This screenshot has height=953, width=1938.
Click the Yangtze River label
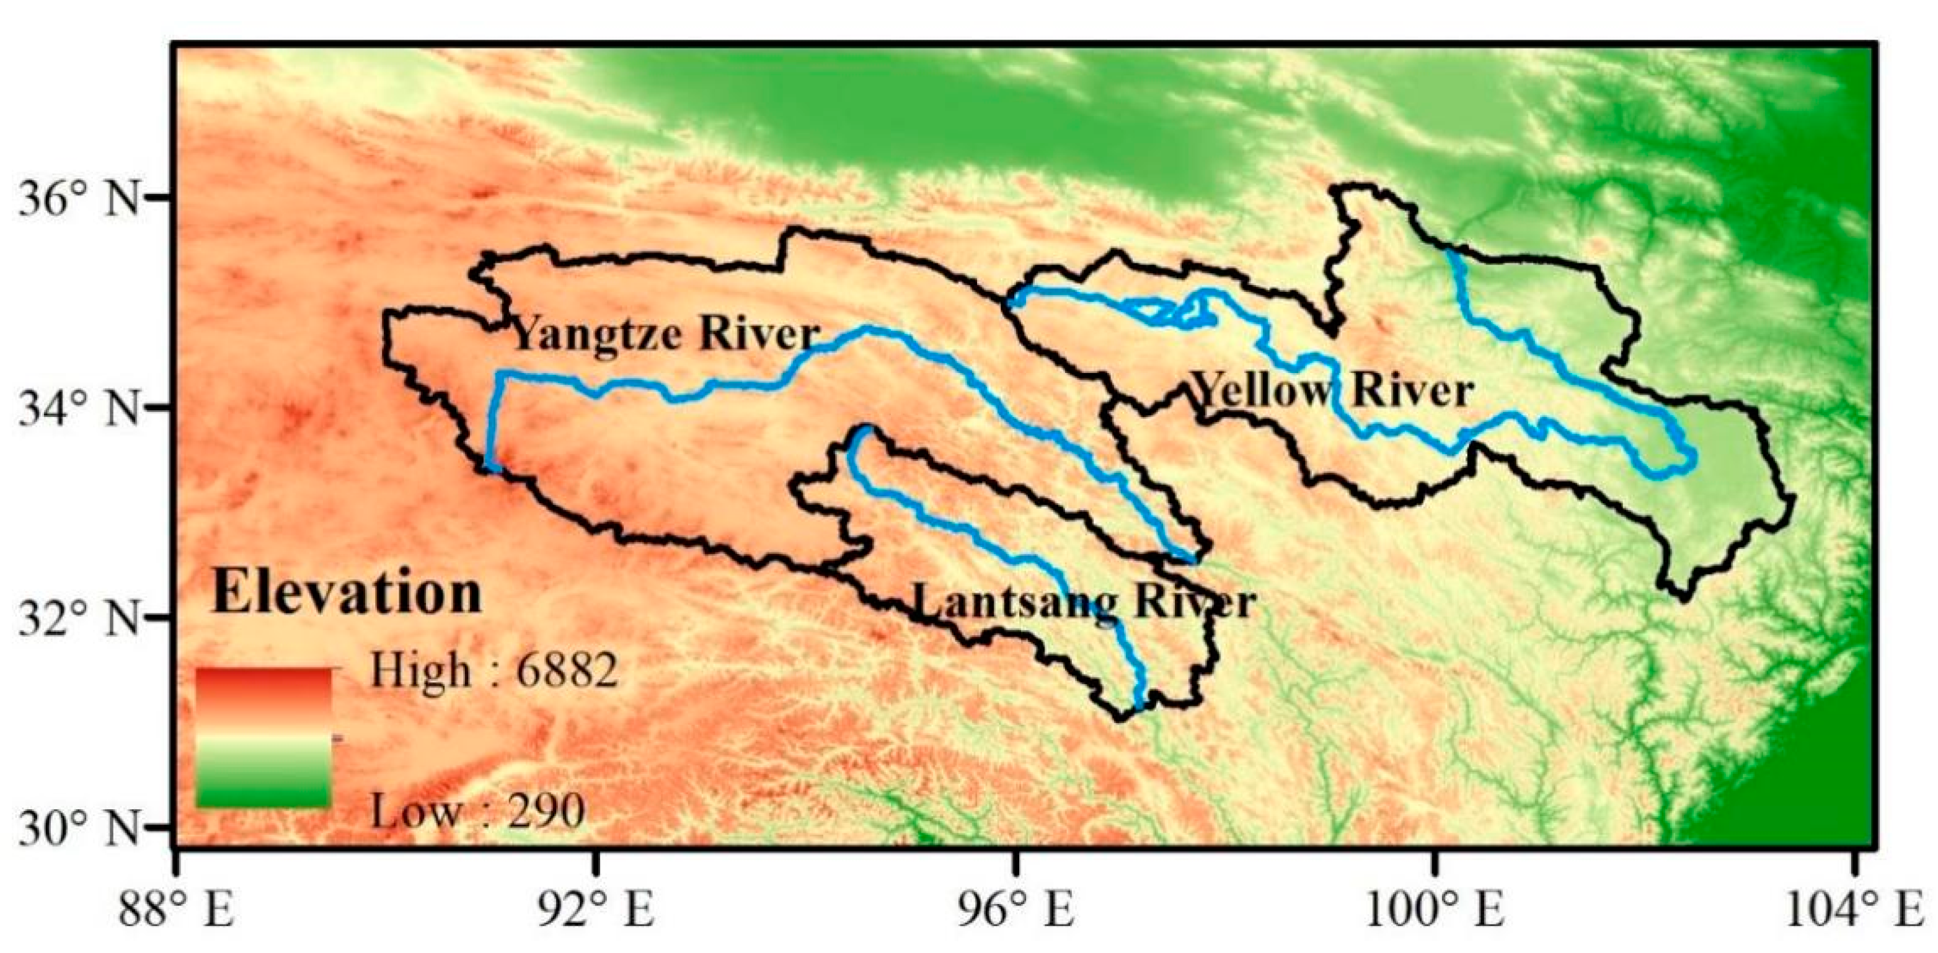[665, 334]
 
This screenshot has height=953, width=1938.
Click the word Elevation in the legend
[347, 594]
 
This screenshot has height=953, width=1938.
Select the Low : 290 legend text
[478, 812]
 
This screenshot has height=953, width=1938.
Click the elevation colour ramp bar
[263, 737]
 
